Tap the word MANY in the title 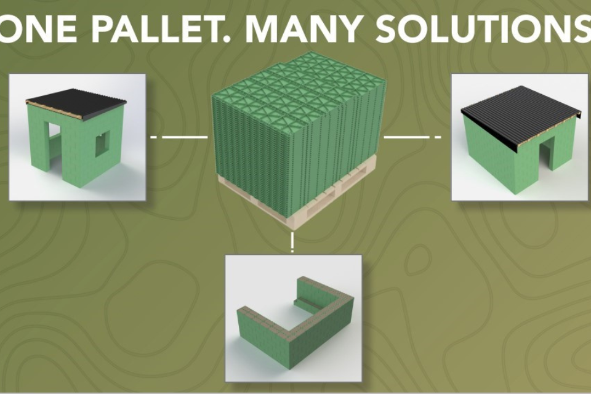(303, 29)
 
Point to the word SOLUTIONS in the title (483, 29)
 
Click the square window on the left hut (102, 143)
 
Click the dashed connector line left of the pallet (179, 137)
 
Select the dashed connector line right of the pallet (412, 137)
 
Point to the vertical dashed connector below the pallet (292, 243)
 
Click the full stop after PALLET (224, 39)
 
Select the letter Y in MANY (346, 29)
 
